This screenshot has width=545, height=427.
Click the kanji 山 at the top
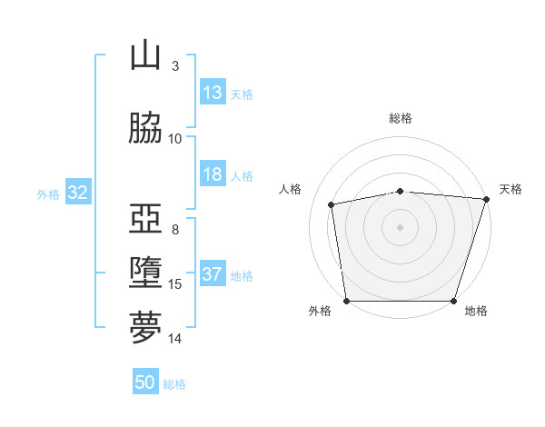click(x=145, y=55)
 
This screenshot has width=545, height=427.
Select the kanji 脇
click(x=145, y=127)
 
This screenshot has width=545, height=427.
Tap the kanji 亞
click(x=145, y=218)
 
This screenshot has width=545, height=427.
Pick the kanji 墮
click(x=145, y=273)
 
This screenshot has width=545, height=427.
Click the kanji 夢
click(x=145, y=327)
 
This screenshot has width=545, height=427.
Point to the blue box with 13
click(x=213, y=92)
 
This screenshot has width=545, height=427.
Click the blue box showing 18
click(x=213, y=174)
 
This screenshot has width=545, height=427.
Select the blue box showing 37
click(x=213, y=273)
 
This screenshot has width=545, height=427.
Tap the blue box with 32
click(x=78, y=192)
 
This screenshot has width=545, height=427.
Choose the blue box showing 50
click(x=145, y=381)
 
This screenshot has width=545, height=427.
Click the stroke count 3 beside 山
click(x=175, y=66)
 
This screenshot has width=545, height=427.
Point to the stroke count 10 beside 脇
click(x=174, y=139)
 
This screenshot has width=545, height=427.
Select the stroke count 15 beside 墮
click(x=174, y=284)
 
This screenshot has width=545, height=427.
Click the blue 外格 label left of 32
click(x=48, y=194)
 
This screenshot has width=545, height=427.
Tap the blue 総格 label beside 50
click(x=174, y=384)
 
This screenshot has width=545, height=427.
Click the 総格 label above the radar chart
click(x=401, y=118)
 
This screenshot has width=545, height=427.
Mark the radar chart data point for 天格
click(x=487, y=199)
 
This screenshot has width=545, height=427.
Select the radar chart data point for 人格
click(x=331, y=204)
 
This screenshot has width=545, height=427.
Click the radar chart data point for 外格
click(x=347, y=301)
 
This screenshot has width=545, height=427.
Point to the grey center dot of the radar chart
click(x=400, y=227)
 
